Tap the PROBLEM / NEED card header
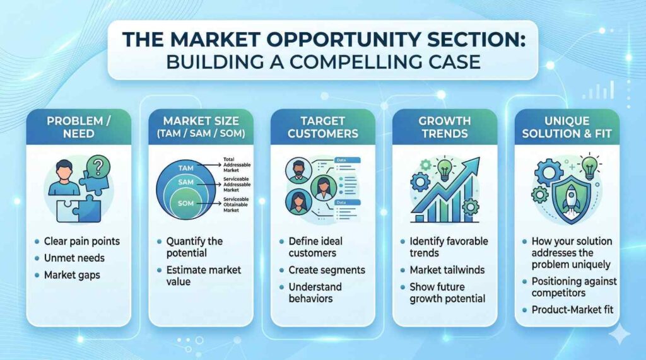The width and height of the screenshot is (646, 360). (x=79, y=127)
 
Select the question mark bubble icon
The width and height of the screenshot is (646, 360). (x=98, y=166)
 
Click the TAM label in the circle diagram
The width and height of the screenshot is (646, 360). (x=186, y=168)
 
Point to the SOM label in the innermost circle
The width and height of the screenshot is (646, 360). (x=186, y=203)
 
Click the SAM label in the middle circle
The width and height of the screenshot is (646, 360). (x=186, y=182)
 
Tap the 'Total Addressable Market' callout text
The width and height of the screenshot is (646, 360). (x=237, y=165)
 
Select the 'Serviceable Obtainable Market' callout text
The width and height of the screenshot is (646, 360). (x=236, y=205)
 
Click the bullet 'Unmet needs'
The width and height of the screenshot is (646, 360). (x=74, y=258)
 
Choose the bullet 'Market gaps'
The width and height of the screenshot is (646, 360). (x=72, y=275)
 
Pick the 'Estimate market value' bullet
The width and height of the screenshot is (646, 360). (x=204, y=276)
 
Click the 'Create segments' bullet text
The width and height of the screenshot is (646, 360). (x=327, y=270)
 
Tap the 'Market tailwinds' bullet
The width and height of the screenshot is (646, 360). (x=447, y=270)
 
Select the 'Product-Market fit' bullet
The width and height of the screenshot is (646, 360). (x=572, y=310)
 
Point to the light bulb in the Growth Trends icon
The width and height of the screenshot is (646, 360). (x=445, y=169)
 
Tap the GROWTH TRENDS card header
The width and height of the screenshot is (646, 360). (x=445, y=127)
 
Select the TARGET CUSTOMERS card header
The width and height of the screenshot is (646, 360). (x=323, y=127)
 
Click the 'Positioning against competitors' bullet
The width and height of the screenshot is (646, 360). (x=574, y=287)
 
